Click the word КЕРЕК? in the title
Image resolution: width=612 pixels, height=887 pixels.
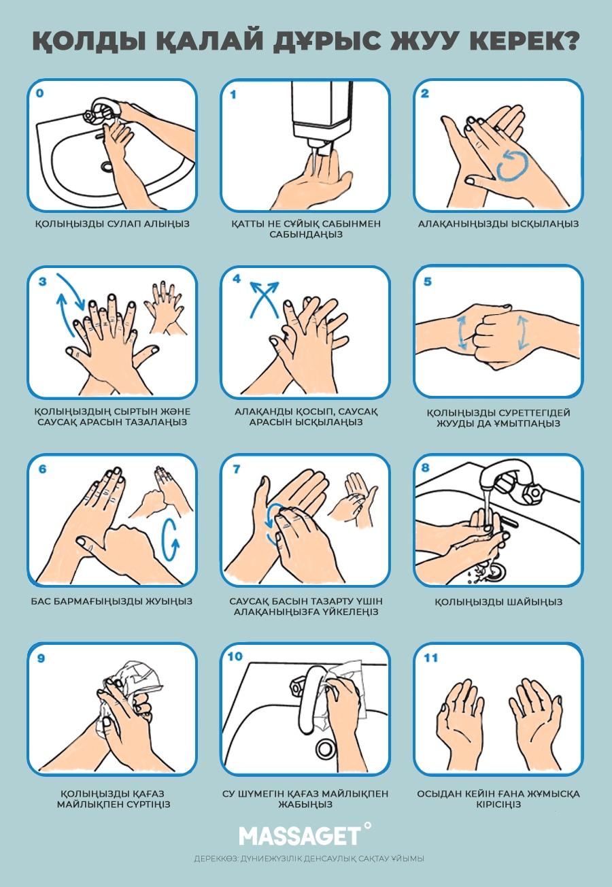[524, 41]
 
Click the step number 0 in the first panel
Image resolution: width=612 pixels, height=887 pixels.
[39, 93]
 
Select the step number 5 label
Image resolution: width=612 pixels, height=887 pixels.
[427, 282]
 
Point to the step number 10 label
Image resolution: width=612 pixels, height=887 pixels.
[235, 656]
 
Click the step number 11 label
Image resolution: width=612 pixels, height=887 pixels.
[430, 658]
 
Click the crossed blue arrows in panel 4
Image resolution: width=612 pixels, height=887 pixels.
[264, 299]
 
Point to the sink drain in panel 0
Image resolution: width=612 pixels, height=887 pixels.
[107, 166]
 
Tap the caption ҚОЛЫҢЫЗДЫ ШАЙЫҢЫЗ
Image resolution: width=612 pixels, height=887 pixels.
[498, 602]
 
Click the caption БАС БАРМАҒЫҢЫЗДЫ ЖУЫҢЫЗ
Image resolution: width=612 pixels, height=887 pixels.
[112, 601]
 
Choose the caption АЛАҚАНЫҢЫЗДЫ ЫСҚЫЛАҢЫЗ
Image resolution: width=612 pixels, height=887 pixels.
[498, 224]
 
